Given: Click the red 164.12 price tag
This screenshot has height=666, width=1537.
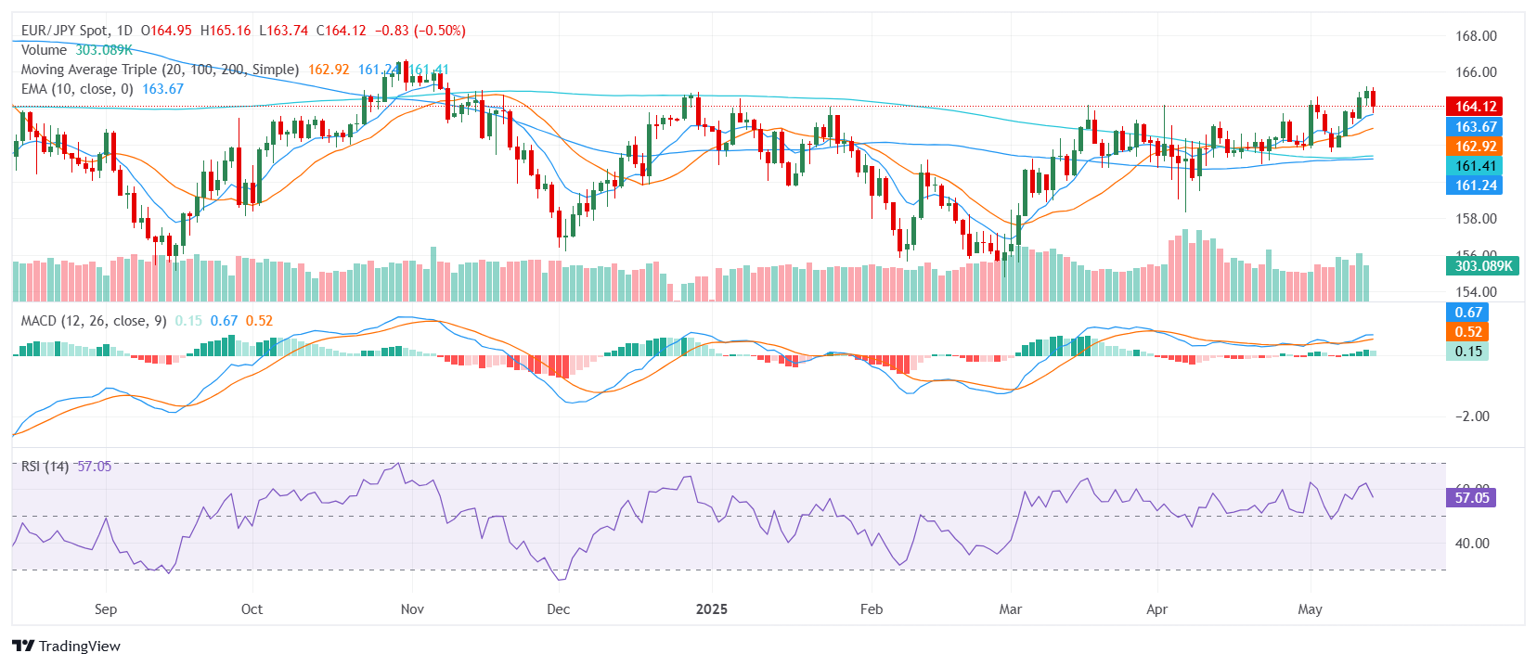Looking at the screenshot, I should [1475, 107].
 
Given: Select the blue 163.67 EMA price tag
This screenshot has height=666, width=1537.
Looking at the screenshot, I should [1475, 127].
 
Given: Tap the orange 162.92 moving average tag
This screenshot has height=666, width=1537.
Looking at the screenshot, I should [1475, 147].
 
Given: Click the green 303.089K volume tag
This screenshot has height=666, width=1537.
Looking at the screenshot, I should [1482, 266].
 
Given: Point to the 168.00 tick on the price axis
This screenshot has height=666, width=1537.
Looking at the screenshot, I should [1476, 36].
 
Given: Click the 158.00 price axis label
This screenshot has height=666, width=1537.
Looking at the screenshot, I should [1476, 219].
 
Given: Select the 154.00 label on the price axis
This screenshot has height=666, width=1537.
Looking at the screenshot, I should [1476, 292].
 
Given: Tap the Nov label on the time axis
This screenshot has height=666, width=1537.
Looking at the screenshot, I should [412, 609].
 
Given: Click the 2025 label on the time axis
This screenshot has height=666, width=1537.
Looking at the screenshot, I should [712, 609].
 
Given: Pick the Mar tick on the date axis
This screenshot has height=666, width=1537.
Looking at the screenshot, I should [1010, 609].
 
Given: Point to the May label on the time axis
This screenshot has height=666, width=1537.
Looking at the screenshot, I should [1310, 609].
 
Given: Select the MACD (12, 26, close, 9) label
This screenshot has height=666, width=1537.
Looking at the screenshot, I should [94, 321].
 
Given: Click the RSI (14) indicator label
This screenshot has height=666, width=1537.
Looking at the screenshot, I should [45, 467].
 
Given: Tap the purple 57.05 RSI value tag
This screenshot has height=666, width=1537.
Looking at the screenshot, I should [1471, 498].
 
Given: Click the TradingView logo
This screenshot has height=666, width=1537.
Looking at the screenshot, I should [67, 646].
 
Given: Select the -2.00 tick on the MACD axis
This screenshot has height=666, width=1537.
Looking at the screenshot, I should [1472, 416].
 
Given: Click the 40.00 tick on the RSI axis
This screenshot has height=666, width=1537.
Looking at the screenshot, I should [1472, 544].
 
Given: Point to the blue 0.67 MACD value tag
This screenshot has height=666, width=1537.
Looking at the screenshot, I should [1468, 313].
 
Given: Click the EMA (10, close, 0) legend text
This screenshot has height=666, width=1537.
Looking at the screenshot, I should [78, 89].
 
